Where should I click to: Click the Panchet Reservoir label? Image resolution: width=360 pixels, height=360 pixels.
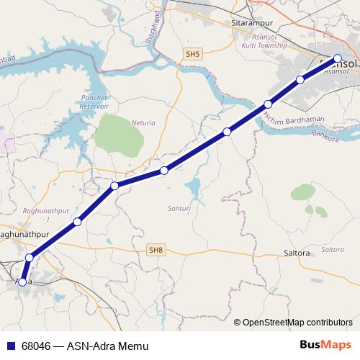tap(94, 101)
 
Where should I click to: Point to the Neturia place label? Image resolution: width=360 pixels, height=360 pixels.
tap(143, 123)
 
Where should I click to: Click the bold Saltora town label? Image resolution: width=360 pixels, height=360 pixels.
tap(297, 253)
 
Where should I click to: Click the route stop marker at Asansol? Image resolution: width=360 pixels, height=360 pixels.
tap(338, 58)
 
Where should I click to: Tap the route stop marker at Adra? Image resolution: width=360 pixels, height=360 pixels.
tap(22, 282)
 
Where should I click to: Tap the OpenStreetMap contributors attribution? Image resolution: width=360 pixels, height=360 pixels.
tap(297, 322)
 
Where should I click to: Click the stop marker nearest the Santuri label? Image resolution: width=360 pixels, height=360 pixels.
tap(164, 170)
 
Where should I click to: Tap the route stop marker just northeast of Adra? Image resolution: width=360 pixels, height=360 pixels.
tap(30, 257)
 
